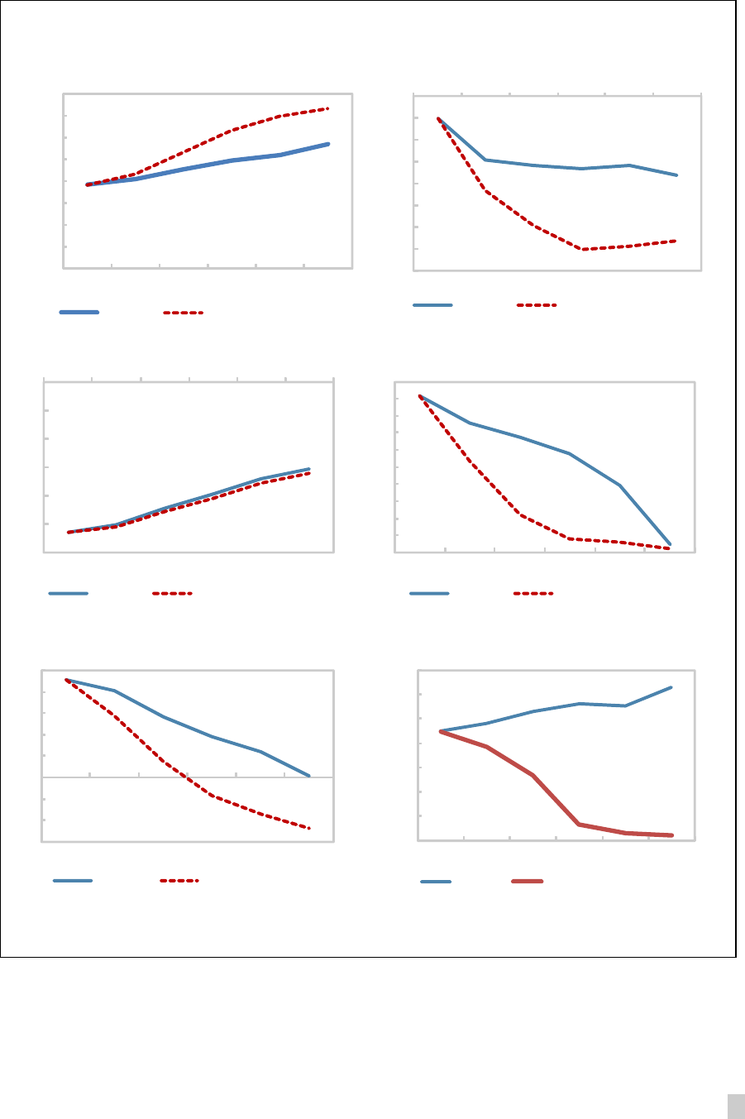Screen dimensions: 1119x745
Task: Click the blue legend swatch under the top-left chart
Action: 79,313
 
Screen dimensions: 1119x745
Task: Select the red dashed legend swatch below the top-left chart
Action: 183,313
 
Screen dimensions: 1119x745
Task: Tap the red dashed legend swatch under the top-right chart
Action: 537,305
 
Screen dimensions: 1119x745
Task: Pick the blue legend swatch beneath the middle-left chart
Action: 69,593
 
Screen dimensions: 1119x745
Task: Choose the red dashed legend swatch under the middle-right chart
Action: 533,593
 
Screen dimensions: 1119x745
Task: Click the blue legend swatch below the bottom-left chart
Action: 73,881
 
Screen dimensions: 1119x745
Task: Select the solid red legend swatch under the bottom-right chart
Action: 528,882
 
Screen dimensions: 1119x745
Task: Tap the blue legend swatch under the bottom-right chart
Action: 436,882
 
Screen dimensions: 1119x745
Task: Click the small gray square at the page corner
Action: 735,1106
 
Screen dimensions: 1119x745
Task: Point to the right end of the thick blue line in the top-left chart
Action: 329,144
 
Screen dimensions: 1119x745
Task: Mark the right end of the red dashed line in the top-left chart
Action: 329,108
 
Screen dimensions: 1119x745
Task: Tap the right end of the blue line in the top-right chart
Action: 677,175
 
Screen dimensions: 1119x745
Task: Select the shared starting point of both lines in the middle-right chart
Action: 421,396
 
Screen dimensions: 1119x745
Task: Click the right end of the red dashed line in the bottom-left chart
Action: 309,828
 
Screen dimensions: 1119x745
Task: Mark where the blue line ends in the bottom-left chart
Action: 309,776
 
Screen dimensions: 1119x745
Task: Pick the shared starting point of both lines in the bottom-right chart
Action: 441,731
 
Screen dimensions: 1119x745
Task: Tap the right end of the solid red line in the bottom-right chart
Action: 672,835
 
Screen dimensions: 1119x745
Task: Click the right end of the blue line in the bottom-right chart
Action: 671,687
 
